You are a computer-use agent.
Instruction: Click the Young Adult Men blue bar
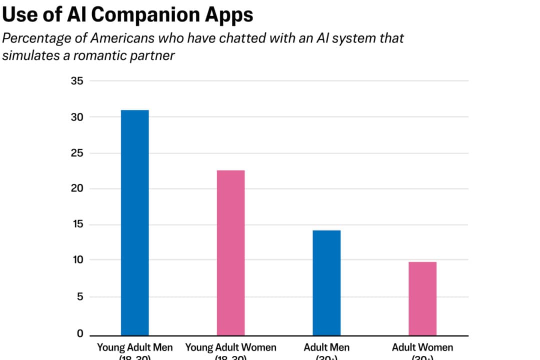pyautogui.click(x=134, y=222)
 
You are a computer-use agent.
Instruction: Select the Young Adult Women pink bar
pyautogui.click(x=230, y=252)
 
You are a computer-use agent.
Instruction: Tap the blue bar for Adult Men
pyautogui.click(x=326, y=282)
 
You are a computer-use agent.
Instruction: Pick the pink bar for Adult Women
pyautogui.click(x=422, y=298)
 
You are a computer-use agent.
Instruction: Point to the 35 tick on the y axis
pyautogui.click(x=77, y=81)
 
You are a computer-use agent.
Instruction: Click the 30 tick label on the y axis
pyautogui.click(x=77, y=117)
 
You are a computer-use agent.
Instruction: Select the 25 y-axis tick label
pyautogui.click(x=77, y=153)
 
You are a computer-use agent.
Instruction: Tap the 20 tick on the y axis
pyautogui.click(x=77, y=189)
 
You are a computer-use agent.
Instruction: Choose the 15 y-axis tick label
pyautogui.click(x=77, y=225)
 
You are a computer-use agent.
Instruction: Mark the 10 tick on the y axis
pyautogui.click(x=77, y=260)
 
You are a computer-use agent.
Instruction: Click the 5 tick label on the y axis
pyautogui.click(x=79, y=297)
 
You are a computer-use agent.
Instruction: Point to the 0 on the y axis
pyautogui.click(x=79, y=333)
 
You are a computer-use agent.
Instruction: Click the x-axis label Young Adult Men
pyautogui.click(x=134, y=347)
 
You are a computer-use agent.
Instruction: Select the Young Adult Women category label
pyautogui.click(x=230, y=347)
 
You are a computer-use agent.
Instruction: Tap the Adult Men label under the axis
pyautogui.click(x=326, y=347)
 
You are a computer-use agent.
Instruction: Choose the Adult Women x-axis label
pyautogui.click(x=422, y=347)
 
